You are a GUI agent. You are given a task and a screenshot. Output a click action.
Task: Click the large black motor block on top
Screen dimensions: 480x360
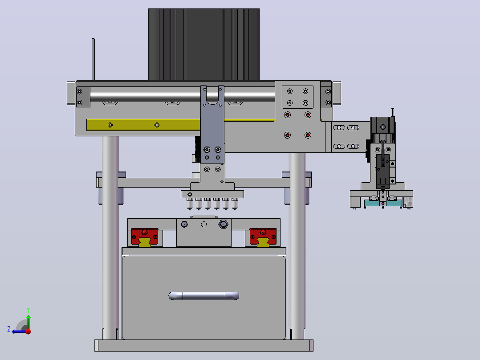click(x=204, y=45)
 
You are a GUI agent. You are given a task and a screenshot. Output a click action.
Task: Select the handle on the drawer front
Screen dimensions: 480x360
click(x=204, y=296)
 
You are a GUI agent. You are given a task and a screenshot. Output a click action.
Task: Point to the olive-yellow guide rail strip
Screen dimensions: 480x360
click(x=143, y=125)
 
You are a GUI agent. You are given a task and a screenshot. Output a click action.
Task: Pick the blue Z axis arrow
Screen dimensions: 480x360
click(x=19, y=331)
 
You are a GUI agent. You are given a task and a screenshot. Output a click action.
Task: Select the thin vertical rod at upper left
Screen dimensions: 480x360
click(x=94, y=59)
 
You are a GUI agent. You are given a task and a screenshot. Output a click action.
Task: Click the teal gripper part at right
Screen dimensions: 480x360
click(x=383, y=203)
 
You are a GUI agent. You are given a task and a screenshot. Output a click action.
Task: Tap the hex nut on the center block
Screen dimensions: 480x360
click(x=223, y=224)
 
